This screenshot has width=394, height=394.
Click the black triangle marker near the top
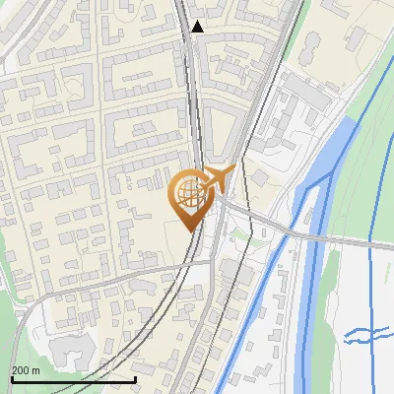(x=198, y=27)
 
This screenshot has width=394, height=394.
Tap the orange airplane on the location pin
(x=216, y=179)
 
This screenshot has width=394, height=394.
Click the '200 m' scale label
(x=26, y=370)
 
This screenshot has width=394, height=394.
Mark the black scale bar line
(x=73, y=379)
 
